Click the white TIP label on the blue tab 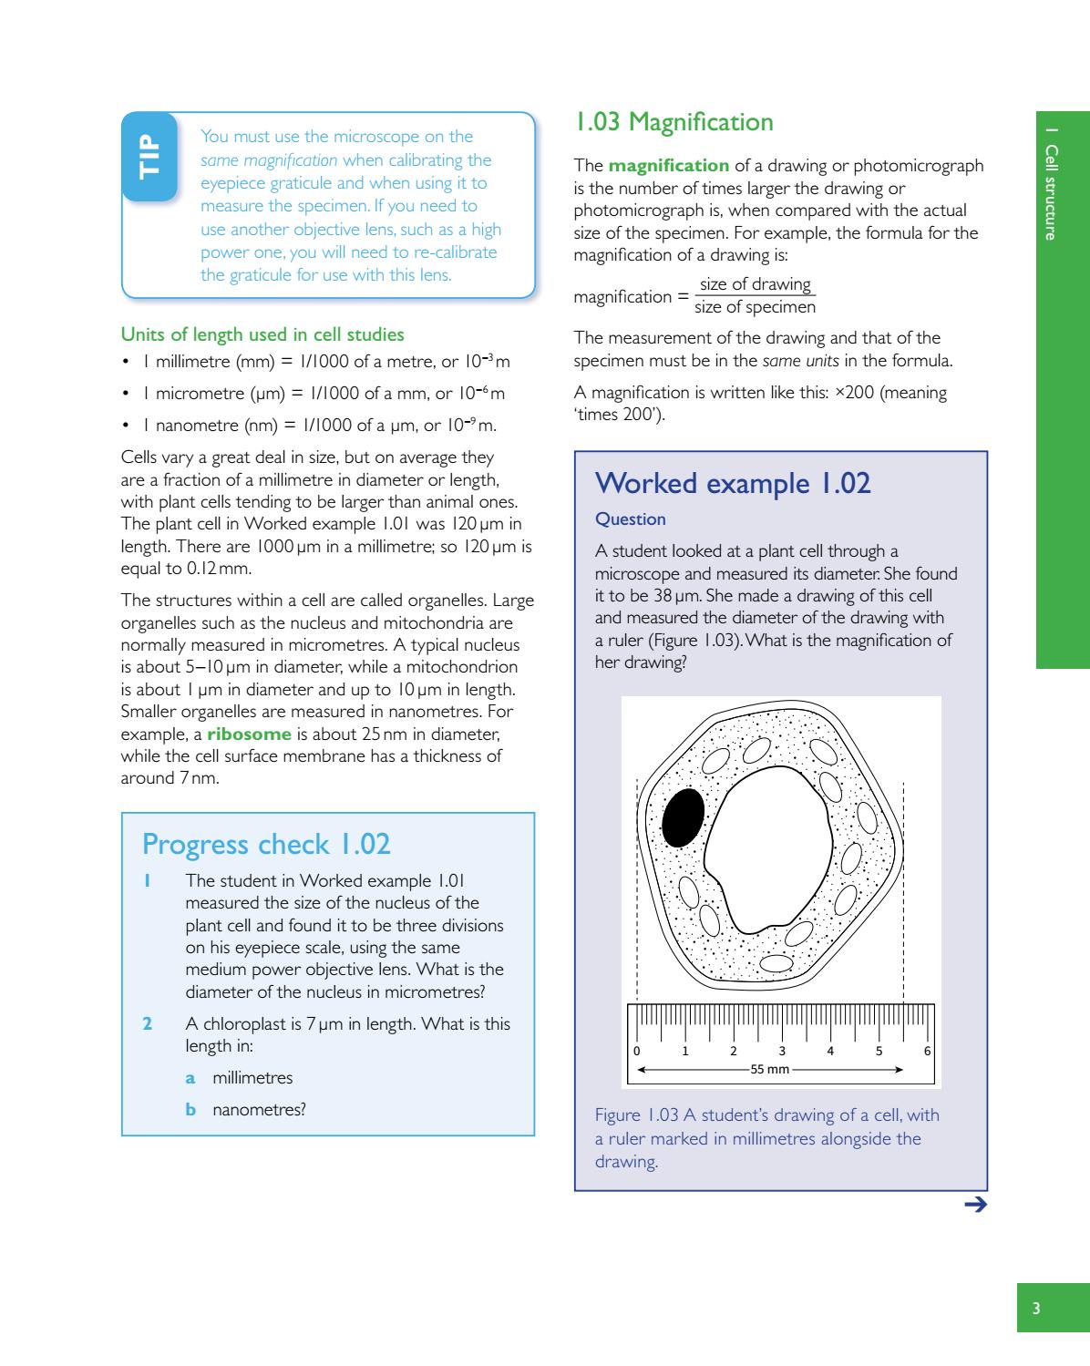click(x=149, y=156)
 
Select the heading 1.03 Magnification click(x=674, y=122)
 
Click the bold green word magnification click(x=668, y=166)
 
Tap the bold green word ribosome click(x=249, y=734)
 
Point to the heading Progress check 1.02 click(x=266, y=845)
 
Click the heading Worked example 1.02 click(x=733, y=483)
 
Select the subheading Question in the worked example click(x=630, y=519)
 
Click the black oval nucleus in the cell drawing click(x=683, y=817)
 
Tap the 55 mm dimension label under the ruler click(x=769, y=1069)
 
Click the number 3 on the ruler click(x=782, y=1051)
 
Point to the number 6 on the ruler click(x=928, y=1051)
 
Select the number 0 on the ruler click(x=637, y=1051)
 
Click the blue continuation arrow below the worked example click(x=975, y=1206)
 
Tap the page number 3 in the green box click(x=1035, y=1310)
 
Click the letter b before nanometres click(x=191, y=1110)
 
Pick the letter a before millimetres click(x=190, y=1078)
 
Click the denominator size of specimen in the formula click(x=755, y=308)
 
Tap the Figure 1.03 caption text click(x=766, y=1138)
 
